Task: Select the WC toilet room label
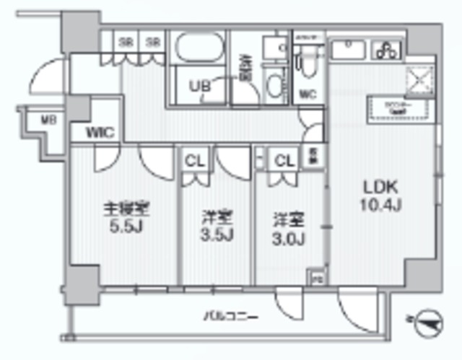(308, 95)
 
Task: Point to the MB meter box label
(29, 119)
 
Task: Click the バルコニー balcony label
(230, 315)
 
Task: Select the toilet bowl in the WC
(308, 69)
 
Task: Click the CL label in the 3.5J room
(193, 161)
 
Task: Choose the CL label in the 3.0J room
(283, 161)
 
